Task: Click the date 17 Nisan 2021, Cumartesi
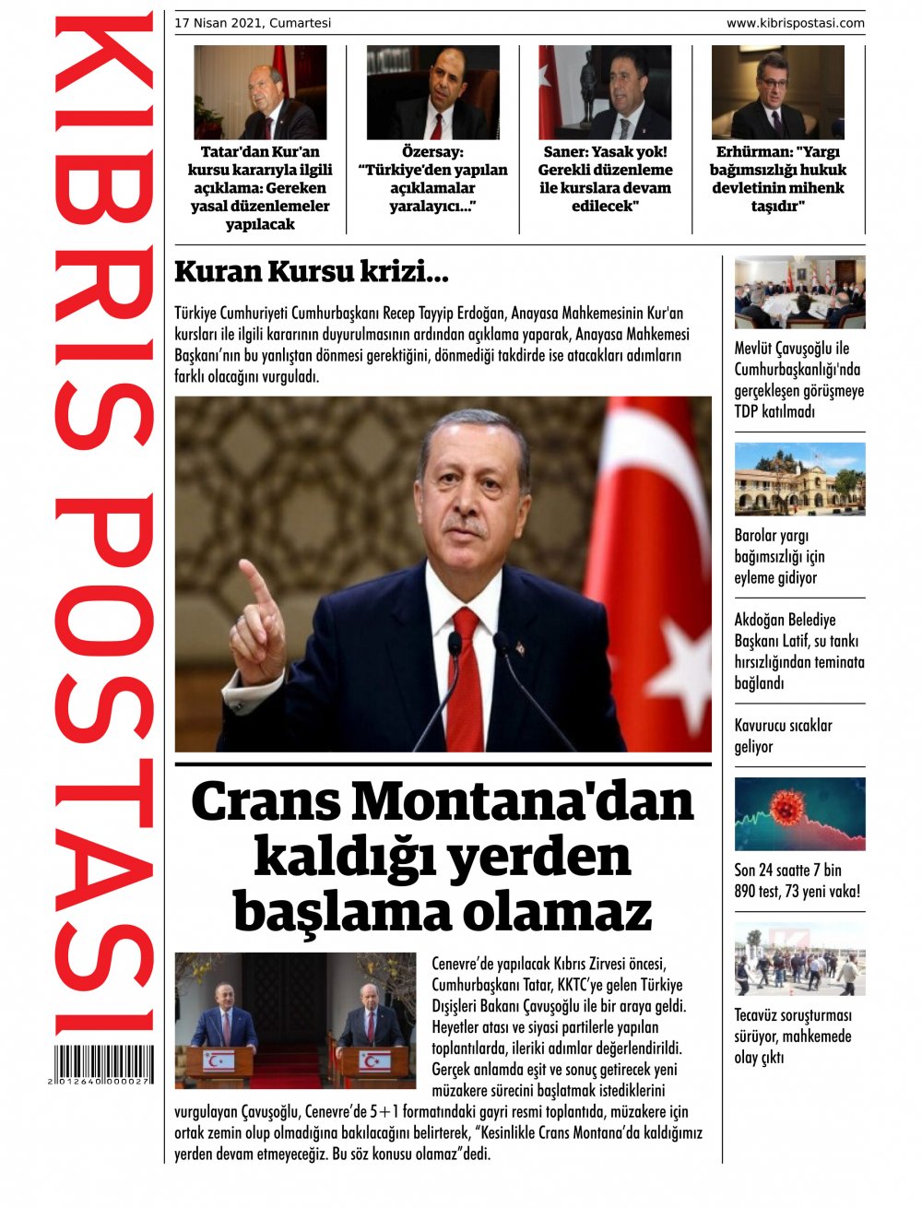point(253,23)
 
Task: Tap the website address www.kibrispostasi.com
point(795,23)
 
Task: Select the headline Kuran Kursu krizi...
point(311,272)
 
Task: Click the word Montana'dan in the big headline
point(522,802)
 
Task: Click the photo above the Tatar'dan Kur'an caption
point(260,92)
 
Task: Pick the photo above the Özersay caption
point(432,92)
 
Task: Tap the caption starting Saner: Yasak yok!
point(605,179)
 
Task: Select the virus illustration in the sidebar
point(799,814)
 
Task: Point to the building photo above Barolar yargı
point(799,479)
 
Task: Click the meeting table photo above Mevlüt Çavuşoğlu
point(799,292)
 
